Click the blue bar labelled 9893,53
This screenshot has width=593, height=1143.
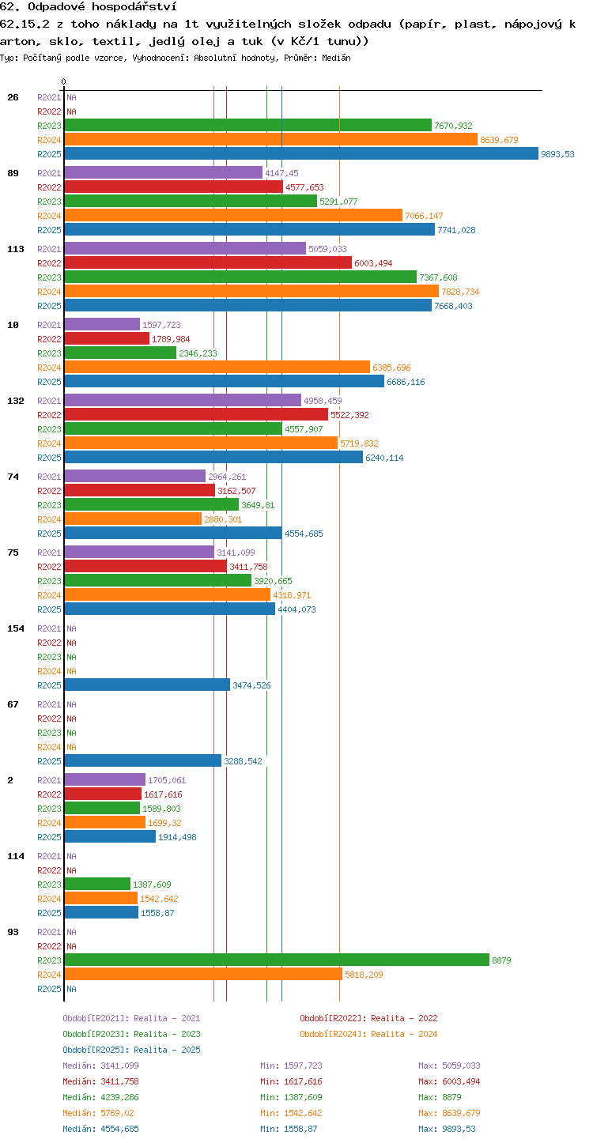point(301,153)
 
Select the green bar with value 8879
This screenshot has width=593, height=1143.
point(277,960)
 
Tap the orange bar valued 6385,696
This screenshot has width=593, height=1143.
point(217,367)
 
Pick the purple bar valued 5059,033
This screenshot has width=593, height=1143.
point(185,248)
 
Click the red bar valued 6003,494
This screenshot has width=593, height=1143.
point(208,262)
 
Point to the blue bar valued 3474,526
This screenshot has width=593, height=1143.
point(148,685)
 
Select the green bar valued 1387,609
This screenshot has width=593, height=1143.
point(97,884)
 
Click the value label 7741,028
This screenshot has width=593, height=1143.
point(456,230)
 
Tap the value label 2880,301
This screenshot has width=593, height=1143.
point(223,519)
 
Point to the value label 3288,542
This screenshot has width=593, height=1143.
point(243,761)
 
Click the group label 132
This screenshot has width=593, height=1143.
point(16,401)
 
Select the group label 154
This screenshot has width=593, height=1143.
point(16,628)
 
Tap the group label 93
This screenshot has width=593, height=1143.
point(13,932)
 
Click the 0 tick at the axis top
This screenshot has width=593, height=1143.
point(64,81)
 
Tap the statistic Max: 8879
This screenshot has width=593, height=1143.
point(440,1097)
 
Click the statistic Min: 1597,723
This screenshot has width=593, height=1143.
point(292,1066)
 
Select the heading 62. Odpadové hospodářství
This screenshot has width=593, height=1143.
point(89,6)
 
